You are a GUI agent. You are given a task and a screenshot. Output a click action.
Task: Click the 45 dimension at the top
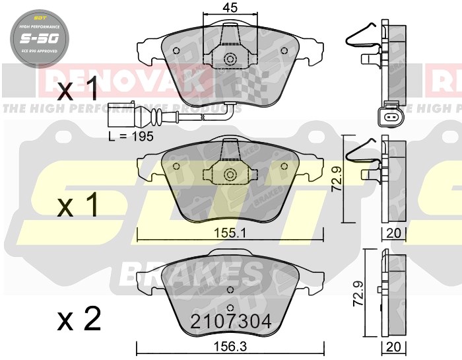pos(230,8)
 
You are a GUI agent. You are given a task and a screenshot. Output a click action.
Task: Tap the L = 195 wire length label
pos(131,136)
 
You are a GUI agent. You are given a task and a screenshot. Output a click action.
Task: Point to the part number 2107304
pos(230,321)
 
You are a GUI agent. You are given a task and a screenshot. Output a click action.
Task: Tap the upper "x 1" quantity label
pos(78,89)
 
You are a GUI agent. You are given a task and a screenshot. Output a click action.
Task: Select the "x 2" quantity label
pos(79,320)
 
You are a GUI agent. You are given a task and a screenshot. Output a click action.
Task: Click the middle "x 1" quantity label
pos(78,205)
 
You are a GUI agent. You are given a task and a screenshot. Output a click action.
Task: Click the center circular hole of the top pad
pos(230,58)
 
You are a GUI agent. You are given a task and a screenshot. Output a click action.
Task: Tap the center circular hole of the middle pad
pos(230,174)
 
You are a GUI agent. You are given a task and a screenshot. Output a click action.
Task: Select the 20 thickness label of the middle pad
pos(395,233)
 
